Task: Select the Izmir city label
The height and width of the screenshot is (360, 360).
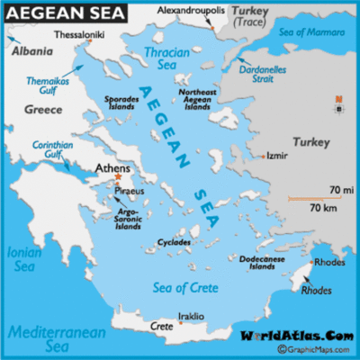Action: click(x=276, y=155)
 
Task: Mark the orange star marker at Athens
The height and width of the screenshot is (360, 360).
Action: click(x=117, y=176)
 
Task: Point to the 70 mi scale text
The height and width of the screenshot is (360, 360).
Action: click(x=340, y=190)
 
